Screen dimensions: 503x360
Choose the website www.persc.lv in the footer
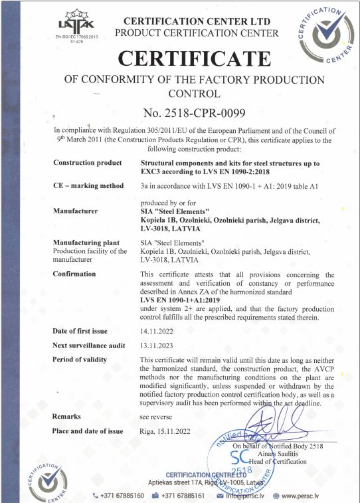310,495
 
